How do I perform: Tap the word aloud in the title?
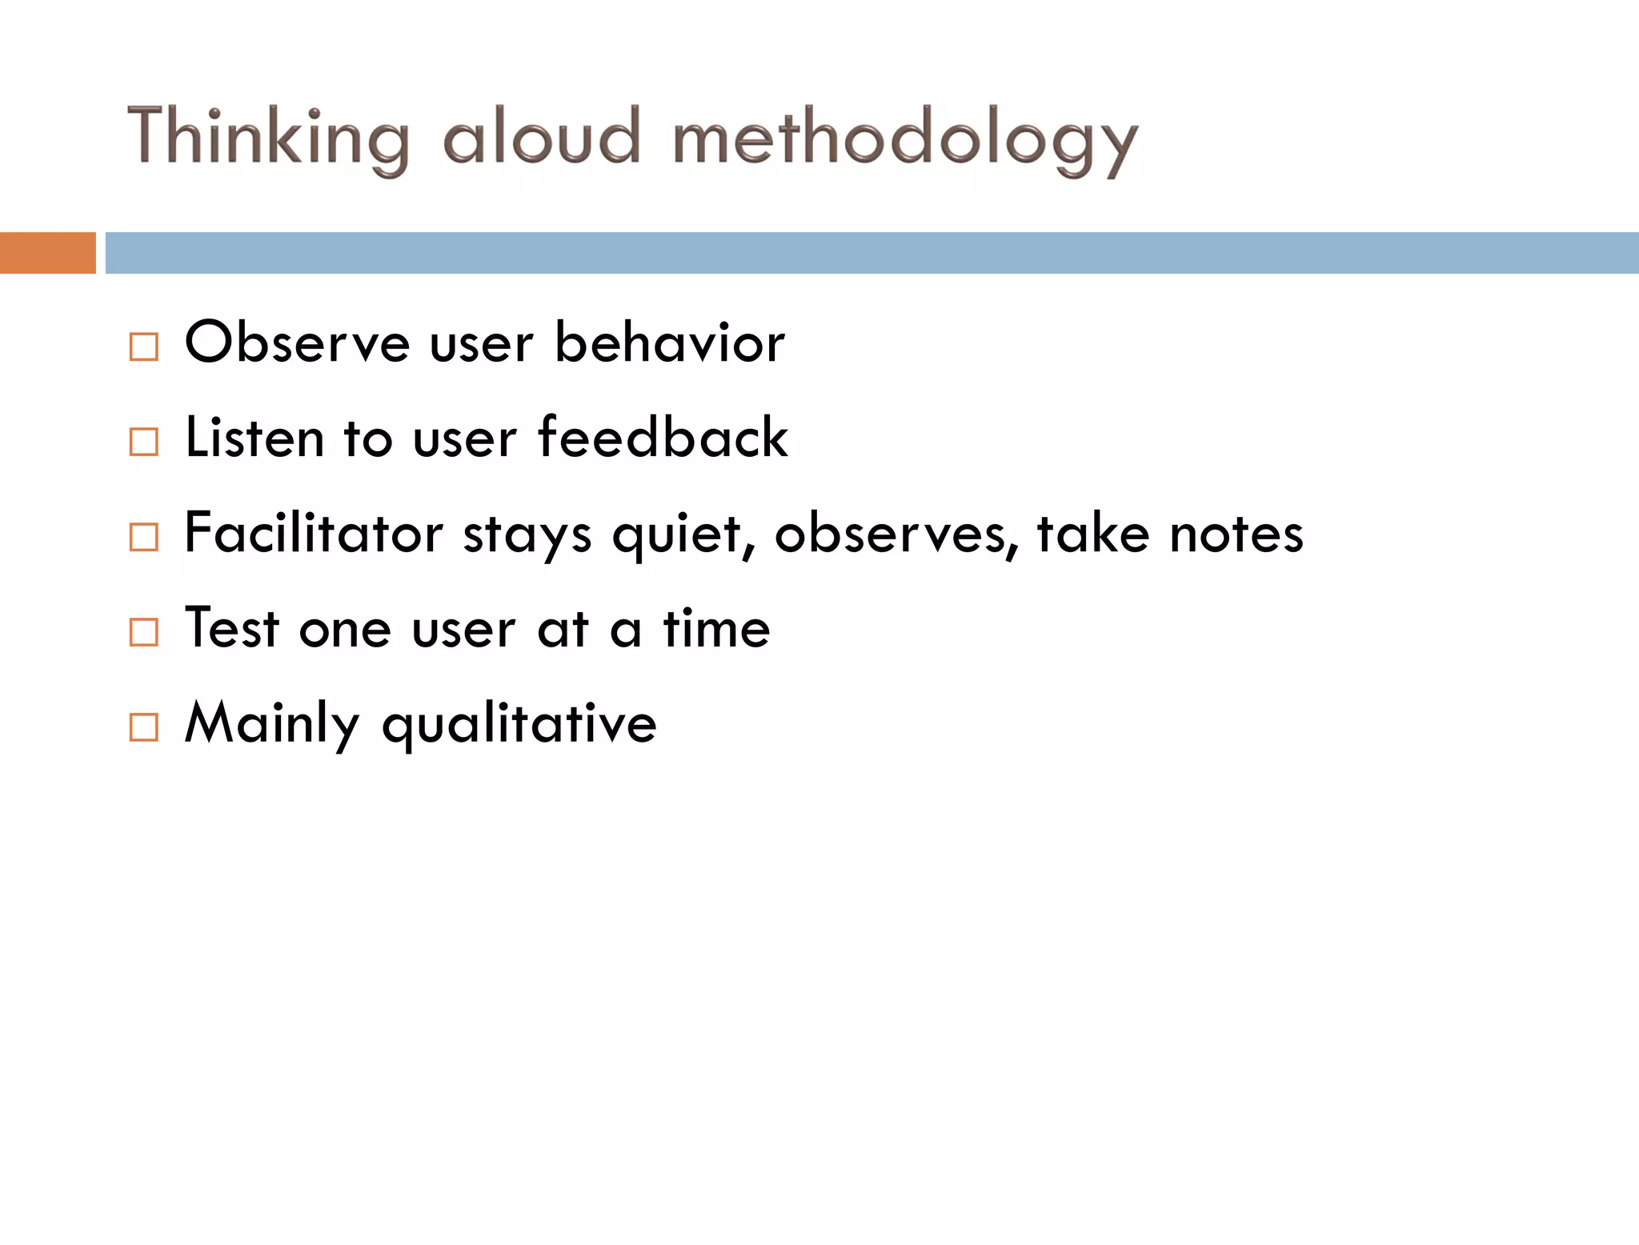coord(542,136)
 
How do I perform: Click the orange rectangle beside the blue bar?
coord(47,253)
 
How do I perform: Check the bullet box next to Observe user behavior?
coord(144,346)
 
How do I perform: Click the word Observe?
coord(297,342)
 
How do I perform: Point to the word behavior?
coord(669,342)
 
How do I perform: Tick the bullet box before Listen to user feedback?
coord(144,442)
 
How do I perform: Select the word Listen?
coord(254,438)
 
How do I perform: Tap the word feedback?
coord(663,438)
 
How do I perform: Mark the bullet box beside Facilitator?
coord(144,537)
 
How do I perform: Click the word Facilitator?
coord(313,533)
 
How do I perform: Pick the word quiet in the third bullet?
coord(677,534)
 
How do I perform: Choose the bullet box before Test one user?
coord(144,632)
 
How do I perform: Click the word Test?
coord(231,627)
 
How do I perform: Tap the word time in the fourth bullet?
coord(716,627)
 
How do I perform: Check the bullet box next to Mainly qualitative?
coord(144,727)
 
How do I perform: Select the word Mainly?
coord(272,724)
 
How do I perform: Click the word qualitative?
coord(519,724)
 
